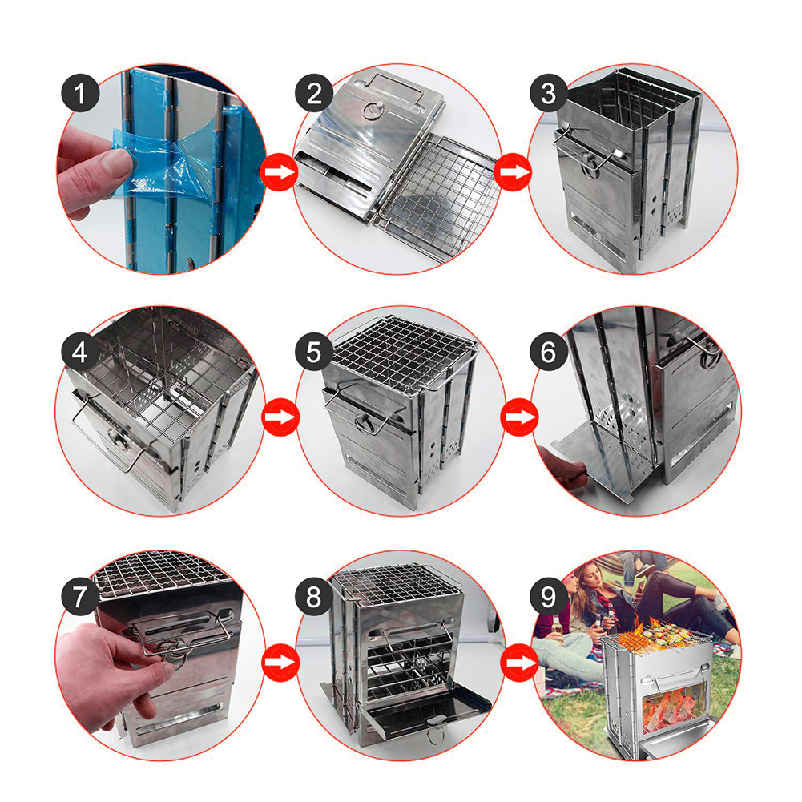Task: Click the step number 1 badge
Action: [80, 93]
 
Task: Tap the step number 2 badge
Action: [314, 93]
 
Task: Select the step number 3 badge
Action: [549, 93]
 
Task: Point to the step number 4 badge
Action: [80, 353]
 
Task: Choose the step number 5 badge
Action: [314, 353]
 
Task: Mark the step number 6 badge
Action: [549, 353]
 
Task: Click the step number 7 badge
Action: [80, 597]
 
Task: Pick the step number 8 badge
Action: [314, 597]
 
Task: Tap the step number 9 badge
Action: [549, 597]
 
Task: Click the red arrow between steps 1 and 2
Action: [279, 172]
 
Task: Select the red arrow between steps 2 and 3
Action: [514, 172]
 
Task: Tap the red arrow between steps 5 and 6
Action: [519, 417]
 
